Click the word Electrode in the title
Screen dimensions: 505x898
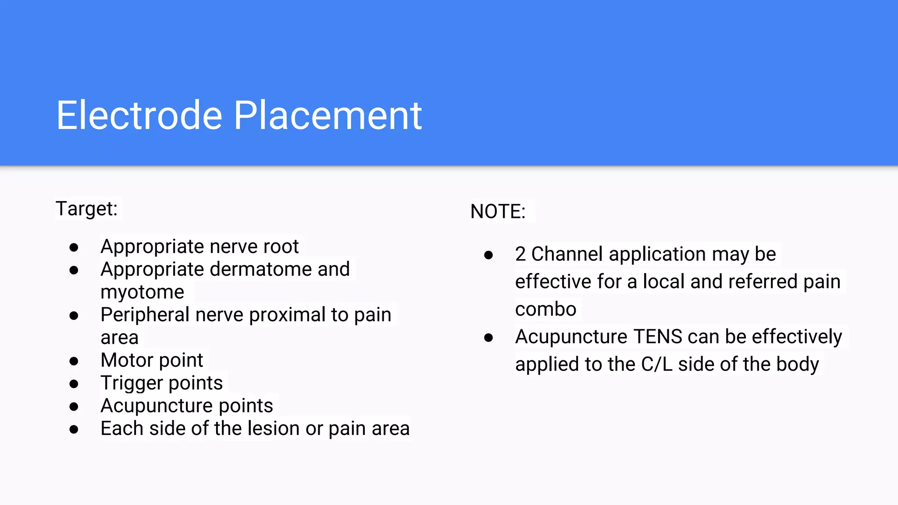[x=139, y=116]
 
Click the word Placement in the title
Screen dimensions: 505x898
[x=328, y=116]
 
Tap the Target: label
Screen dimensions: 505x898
[x=87, y=209]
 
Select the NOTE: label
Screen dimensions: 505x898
[x=498, y=212]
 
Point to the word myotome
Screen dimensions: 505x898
[x=142, y=292]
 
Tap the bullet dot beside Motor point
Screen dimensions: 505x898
[x=74, y=361]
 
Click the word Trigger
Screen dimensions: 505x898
[x=132, y=383]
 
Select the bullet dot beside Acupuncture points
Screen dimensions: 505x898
[x=74, y=407]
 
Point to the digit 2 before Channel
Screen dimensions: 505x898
[x=520, y=254]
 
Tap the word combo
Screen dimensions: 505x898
[x=545, y=309]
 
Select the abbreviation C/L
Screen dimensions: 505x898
[x=656, y=365]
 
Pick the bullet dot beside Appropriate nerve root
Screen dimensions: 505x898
[x=74, y=248]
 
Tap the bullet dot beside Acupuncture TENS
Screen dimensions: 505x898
[x=488, y=338]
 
